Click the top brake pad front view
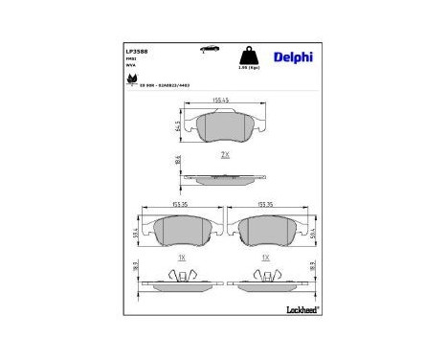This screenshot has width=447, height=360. pyautogui.click(x=223, y=126)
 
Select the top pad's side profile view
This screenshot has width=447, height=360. pyautogui.click(x=223, y=177)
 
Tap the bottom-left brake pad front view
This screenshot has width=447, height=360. pyautogui.click(x=181, y=230)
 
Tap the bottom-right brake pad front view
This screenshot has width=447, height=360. pyautogui.click(x=267, y=230)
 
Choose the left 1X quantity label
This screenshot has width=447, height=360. pyautogui.click(x=181, y=258)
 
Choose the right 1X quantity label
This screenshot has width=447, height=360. pyautogui.click(x=267, y=258)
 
